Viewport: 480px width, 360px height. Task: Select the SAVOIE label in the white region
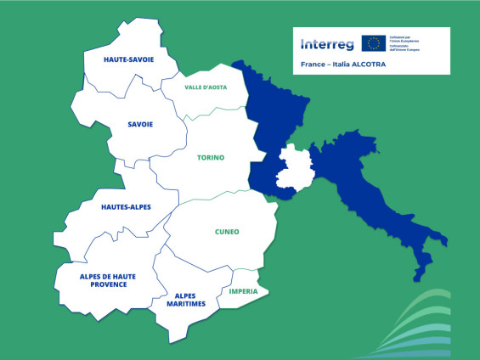(x=140, y=124)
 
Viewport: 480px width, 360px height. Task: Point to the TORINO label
(x=211, y=158)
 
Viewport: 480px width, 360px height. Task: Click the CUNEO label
(x=227, y=231)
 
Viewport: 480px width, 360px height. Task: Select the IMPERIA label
(x=244, y=291)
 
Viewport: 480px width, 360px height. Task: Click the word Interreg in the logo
(x=326, y=44)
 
